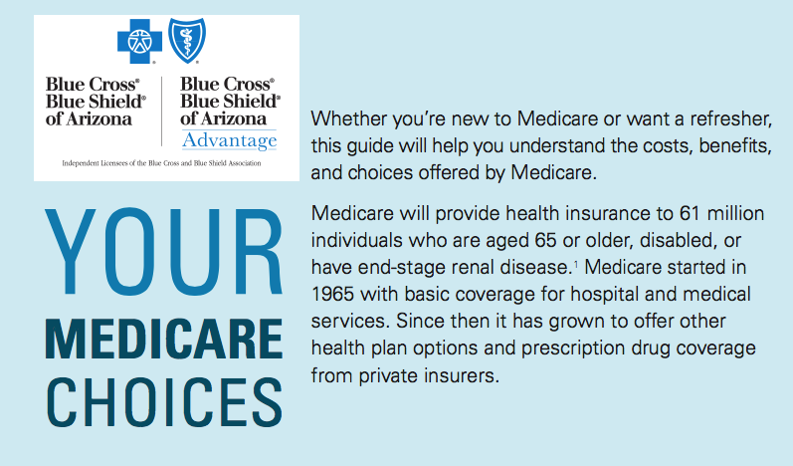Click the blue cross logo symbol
coord(139,42)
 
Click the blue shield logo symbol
coord(187,41)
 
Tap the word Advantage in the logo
coord(230,140)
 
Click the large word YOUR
coord(164,251)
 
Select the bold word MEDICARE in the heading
coord(164,339)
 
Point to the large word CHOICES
coord(164,402)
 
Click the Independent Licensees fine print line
coord(161,163)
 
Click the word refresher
coord(730,118)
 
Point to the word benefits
coord(735,145)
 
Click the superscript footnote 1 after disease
coord(576,263)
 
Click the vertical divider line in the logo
coord(162,112)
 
